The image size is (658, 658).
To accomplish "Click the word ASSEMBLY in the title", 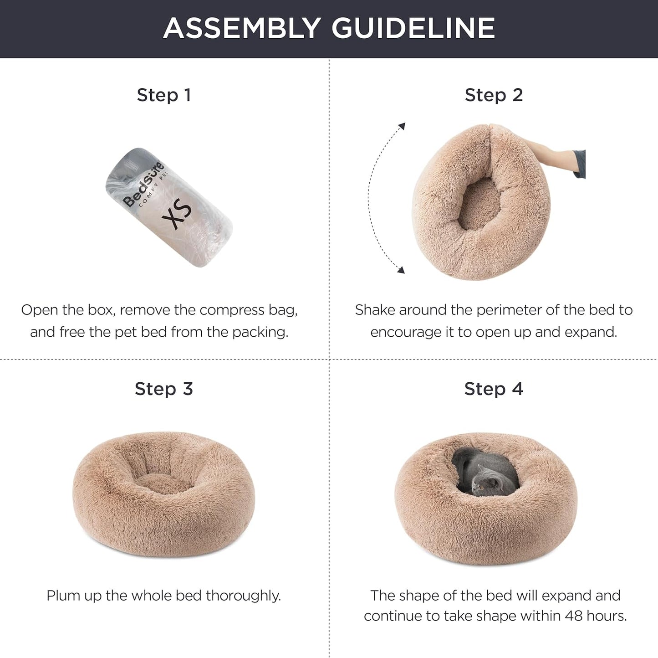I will coord(242,28).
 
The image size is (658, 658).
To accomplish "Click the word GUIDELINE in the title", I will coord(413,28).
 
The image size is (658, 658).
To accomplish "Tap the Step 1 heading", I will coord(163,95).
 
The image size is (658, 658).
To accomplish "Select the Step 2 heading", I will coord(494,95).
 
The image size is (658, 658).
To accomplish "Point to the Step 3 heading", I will coord(163,389).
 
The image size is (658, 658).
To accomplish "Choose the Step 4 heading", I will coord(494,389).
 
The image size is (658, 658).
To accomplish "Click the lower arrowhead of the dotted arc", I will coord(401,270).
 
